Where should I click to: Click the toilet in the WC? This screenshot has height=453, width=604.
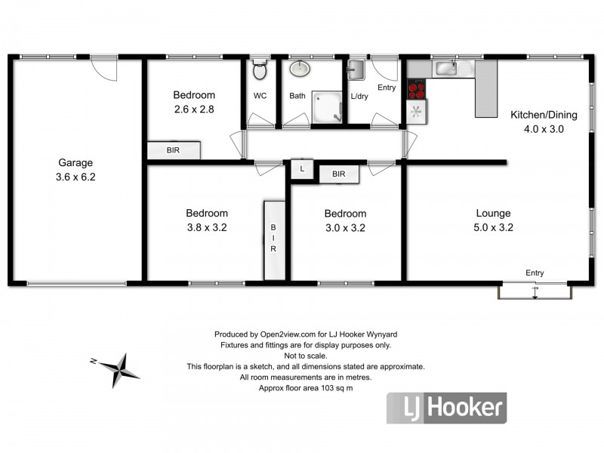(260, 72)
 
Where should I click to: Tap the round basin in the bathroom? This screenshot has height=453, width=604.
(300, 69)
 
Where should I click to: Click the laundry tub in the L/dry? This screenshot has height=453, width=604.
(356, 71)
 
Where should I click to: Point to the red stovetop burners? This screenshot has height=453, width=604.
(416, 90)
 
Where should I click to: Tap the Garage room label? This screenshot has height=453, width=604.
(75, 162)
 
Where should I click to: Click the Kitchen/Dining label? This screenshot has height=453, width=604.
(544, 116)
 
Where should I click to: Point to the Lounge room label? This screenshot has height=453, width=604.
(493, 214)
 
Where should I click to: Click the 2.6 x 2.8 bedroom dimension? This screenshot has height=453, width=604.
(194, 109)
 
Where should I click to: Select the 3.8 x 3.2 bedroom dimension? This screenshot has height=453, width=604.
(207, 227)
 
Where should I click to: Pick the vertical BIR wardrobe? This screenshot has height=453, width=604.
(273, 239)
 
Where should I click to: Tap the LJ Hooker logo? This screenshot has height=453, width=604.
(446, 408)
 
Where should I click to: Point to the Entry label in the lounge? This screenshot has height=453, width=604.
(535, 273)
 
